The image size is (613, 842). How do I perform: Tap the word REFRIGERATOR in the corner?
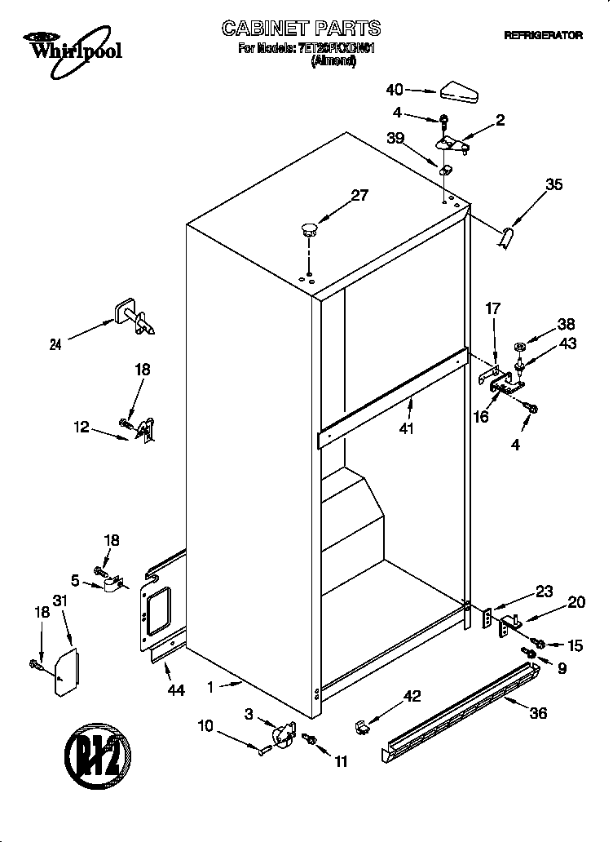pyautogui.click(x=543, y=36)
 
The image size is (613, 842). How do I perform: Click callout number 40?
pyautogui.click(x=395, y=89)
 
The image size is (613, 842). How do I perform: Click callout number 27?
pyautogui.click(x=359, y=195)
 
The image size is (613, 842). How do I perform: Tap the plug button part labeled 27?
pyautogui.click(x=309, y=228)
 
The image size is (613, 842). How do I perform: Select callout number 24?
pyautogui.click(x=55, y=344)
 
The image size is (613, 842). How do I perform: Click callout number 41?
pyautogui.click(x=406, y=428)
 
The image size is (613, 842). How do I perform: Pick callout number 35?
pyautogui.click(x=553, y=184)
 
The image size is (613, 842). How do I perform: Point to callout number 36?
pyautogui.click(x=538, y=712)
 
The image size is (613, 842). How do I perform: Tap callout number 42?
pyautogui.click(x=412, y=696)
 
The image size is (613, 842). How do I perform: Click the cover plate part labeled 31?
pyautogui.click(x=66, y=672)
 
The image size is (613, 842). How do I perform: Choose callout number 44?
pyautogui.click(x=175, y=690)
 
